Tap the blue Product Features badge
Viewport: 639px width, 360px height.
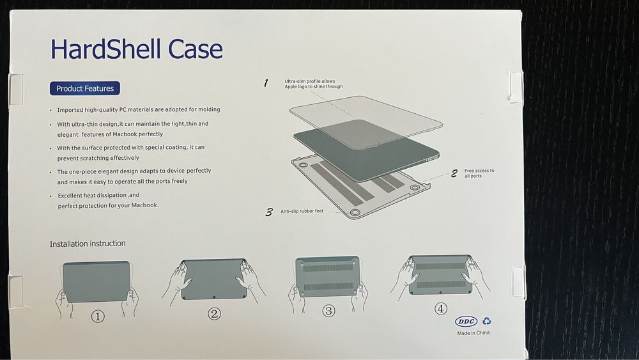coord(85,89)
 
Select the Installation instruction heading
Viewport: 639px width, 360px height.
coord(88,244)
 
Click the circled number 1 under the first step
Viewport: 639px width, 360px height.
coord(97,316)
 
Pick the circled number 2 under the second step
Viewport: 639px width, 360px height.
coord(214,313)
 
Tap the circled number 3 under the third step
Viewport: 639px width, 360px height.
coord(328,311)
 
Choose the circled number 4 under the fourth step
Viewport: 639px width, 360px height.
coord(441,308)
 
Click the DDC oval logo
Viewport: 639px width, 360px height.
coord(466,322)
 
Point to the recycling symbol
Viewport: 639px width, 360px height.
coord(486,322)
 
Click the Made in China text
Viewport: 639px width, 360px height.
coord(473,333)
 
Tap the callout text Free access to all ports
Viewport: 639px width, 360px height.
coord(479,173)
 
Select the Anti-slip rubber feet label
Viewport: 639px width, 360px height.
coord(302,211)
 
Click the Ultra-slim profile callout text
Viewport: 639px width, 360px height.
coord(313,84)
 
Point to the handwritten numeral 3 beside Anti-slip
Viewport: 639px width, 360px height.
coord(270,212)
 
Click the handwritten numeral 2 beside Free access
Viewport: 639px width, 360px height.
coord(454,173)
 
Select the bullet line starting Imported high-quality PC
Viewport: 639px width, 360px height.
coord(138,110)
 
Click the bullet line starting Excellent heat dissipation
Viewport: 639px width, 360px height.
coord(98,195)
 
